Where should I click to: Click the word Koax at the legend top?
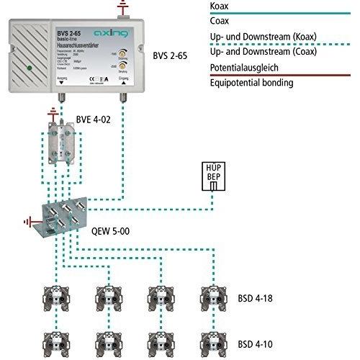(218, 6)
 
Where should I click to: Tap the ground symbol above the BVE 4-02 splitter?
(53, 114)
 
